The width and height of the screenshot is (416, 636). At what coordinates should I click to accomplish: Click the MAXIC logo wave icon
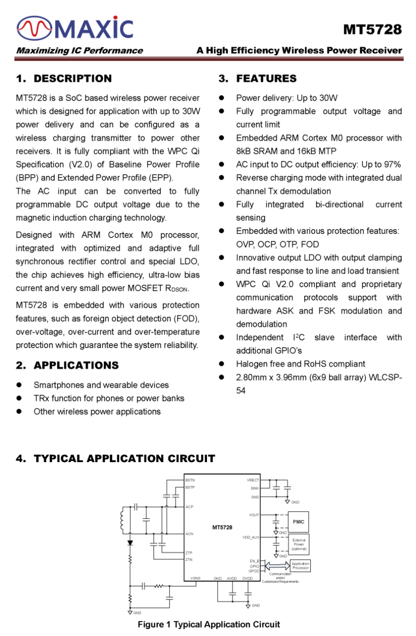pyautogui.click(x=34, y=29)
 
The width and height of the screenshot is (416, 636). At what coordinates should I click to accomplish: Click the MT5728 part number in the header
pyautogui.click(x=372, y=30)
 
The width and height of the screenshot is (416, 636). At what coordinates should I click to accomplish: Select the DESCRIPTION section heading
pyautogui.click(x=73, y=79)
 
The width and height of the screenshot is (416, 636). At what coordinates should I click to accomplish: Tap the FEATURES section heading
pyautogui.click(x=266, y=79)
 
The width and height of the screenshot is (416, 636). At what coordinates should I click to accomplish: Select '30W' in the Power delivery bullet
pyautogui.click(x=328, y=98)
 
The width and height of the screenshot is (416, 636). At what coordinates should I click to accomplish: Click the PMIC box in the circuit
pyautogui.click(x=299, y=522)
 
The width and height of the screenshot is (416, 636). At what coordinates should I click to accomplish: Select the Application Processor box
pyautogui.click(x=300, y=566)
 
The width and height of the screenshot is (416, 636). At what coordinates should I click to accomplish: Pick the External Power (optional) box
pyautogui.click(x=299, y=544)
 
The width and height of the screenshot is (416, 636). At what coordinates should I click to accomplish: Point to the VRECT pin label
pyautogui.click(x=253, y=480)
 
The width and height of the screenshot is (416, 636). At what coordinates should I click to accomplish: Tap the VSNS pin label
pyautogui.click(x=195, y=578)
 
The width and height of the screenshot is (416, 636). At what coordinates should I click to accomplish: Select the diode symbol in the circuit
pyautogui.click(x=130, y=543)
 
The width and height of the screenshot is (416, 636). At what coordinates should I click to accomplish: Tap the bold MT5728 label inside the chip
pyautogui.click(x=222, y=527)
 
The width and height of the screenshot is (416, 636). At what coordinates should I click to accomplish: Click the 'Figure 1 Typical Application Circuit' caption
pyautogui.click(x=209, y=624)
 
